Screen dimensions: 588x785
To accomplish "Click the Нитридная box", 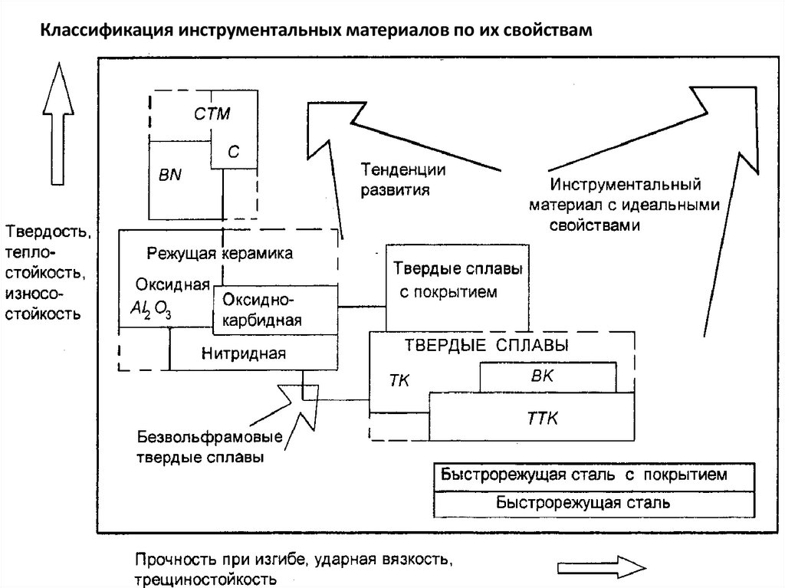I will tap(245, 353).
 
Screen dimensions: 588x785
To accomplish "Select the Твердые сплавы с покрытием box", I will tap(458, 281).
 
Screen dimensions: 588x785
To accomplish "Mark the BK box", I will tap(547, 376).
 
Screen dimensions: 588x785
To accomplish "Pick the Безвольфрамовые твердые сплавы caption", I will tap(210, 447).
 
